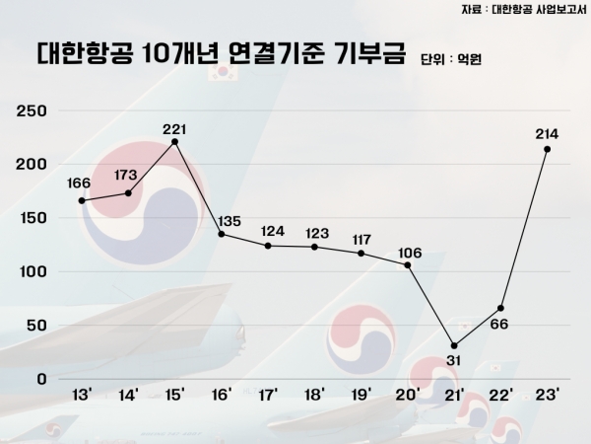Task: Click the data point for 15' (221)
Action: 174,141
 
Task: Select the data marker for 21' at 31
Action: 454,345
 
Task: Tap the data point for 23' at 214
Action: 547,149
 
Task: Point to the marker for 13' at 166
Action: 82,200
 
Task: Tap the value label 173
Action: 128,176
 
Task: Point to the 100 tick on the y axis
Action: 33,270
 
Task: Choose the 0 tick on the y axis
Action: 41,378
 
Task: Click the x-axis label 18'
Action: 314,396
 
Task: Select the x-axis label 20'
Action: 407,396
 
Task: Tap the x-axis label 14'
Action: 128,396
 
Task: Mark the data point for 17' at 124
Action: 268,245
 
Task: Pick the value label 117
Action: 361,239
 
